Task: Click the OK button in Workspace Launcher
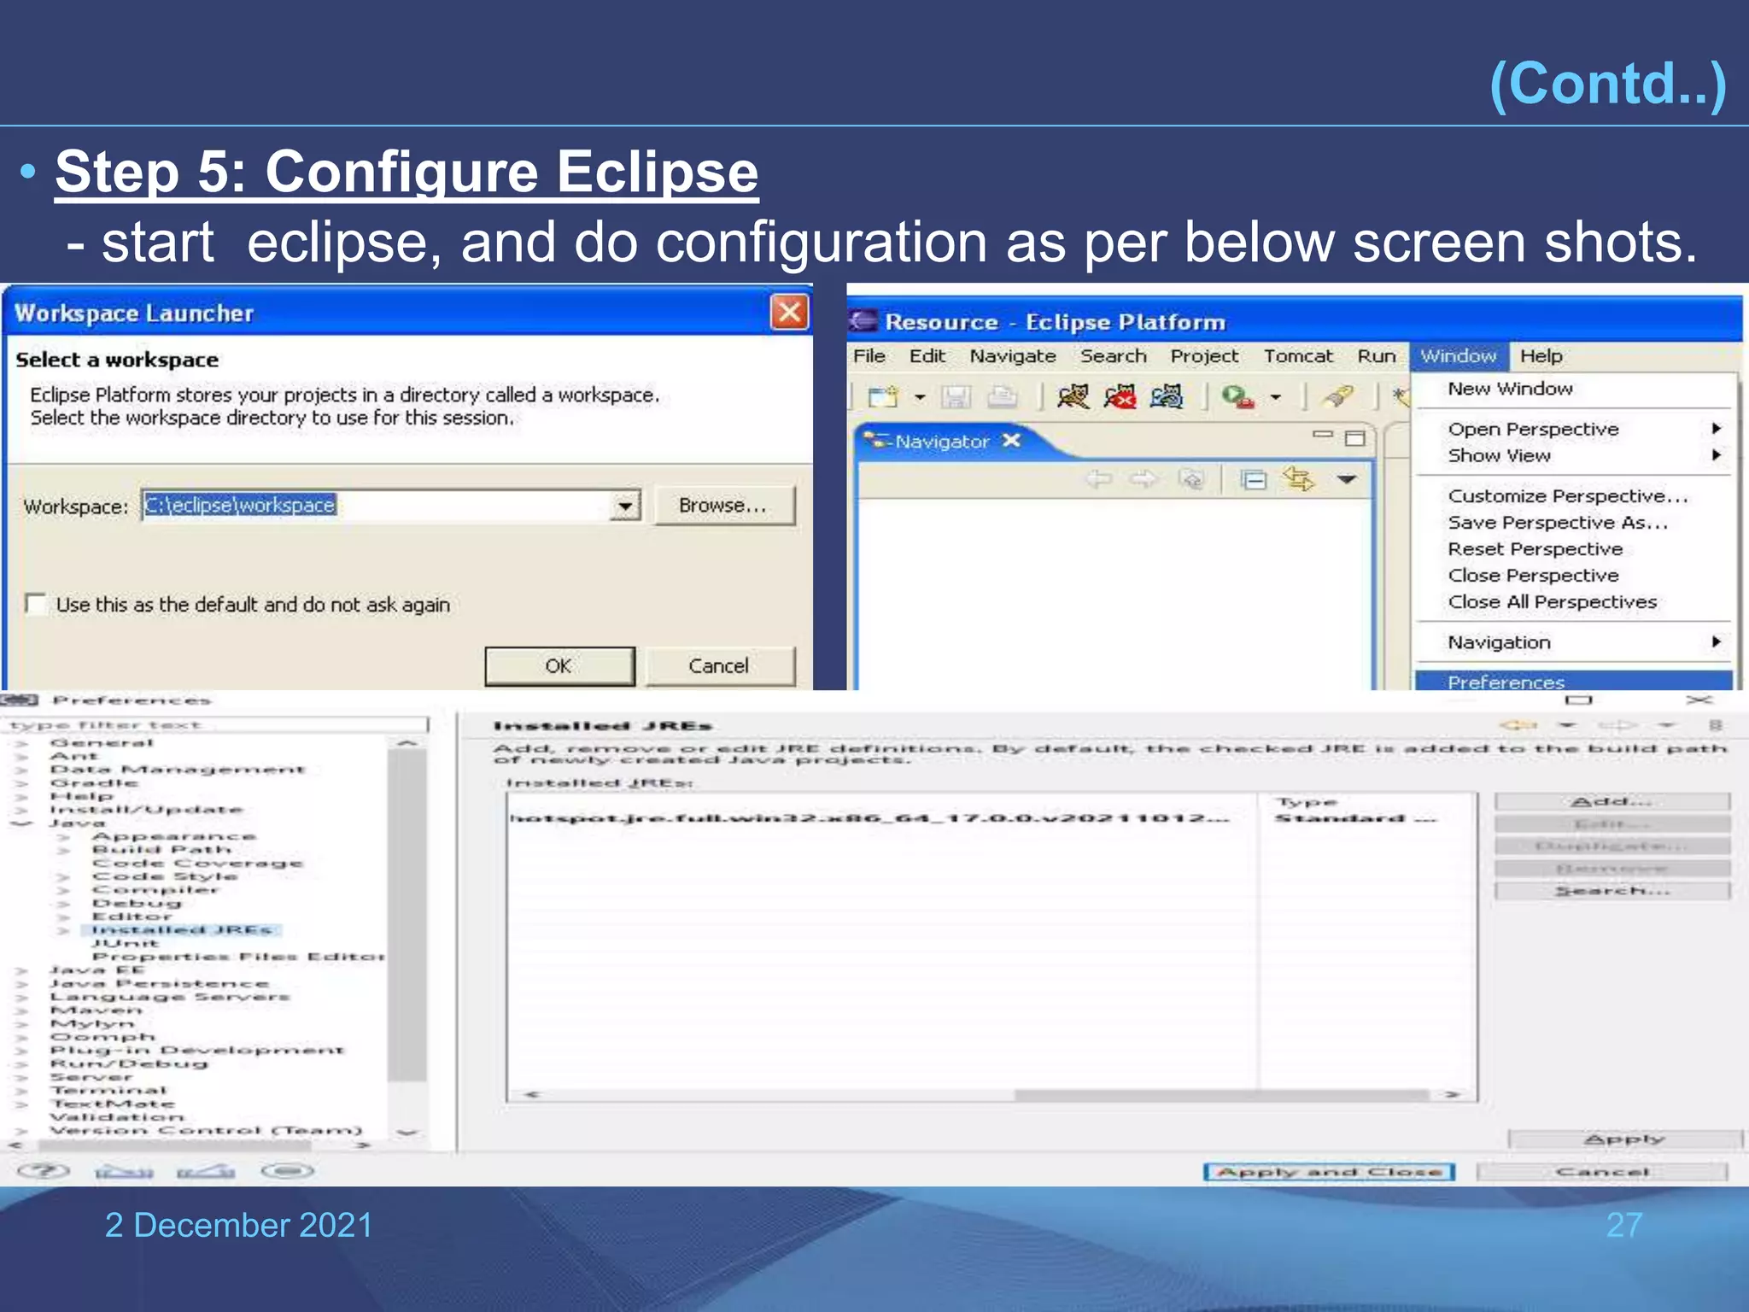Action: point(559,666)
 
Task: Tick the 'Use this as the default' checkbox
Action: point(36,605)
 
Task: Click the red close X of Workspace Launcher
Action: point(789,313)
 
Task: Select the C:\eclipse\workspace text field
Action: point(376,506)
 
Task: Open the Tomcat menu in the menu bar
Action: point(1297,356)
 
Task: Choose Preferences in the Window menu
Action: point(1506,682)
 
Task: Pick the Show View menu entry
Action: point(1499,455)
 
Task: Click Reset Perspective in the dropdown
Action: point(1535,549)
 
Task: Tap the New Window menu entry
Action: point(1510,389)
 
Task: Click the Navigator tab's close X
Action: point(1012,441)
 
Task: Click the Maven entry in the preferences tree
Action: point(97,1010)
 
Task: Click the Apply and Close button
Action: point(1329,1172)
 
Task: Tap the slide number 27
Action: point(1623,1225)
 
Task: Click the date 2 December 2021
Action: point(239,1225)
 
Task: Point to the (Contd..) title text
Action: point(1607,84)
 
